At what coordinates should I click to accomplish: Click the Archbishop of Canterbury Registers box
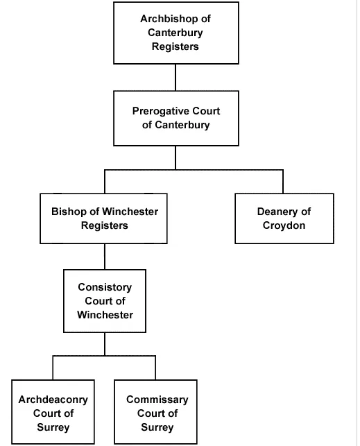click(176, 33)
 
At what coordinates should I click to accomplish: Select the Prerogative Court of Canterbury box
click(176, 119)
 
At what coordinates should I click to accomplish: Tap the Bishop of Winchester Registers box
click(103, 218)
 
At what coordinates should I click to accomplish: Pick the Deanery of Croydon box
click(284, 218)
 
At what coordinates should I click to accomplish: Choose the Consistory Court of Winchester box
click(105, 301)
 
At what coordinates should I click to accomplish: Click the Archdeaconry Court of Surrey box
click(53, 411)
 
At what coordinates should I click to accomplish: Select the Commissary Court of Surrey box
click(156, 411)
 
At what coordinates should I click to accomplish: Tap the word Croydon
click(284, 226)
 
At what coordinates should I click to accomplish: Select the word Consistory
click(105, 287)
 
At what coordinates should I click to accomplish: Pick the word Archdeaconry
click(53, 400)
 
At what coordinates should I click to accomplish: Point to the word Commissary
click(157, 400)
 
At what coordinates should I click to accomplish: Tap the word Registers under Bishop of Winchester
click(105, 225)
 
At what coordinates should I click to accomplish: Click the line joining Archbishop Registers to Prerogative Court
click(175, 78)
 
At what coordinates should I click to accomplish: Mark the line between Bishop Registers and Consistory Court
click(105, 257)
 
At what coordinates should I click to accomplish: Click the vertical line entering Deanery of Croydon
click(283, 182)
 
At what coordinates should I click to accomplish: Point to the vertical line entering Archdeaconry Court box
click(53, 368)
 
